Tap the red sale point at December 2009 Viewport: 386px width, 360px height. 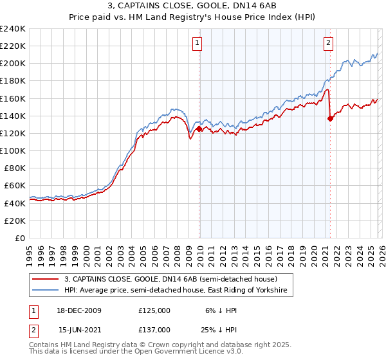pos(199,129)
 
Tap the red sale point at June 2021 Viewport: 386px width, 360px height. pos(330,118)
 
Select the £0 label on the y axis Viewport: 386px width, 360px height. pos(19,238)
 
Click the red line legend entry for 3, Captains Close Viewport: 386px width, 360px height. pos(170,280)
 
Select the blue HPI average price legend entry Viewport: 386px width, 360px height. pos(178,291)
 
